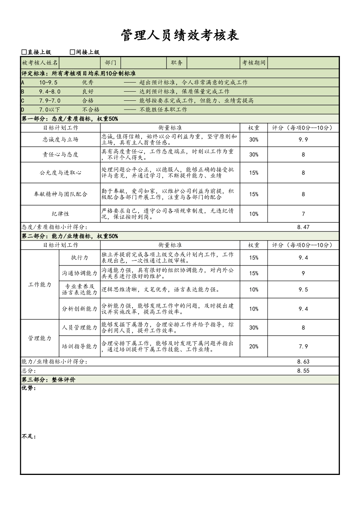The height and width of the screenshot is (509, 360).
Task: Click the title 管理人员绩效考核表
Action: [x=180, y=36]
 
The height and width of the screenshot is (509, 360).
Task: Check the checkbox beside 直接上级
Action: [x=24, y=52]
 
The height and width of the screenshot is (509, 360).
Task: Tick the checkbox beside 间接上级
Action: [x=73, y=52]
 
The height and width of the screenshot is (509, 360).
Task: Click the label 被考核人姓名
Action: [x=40, y=63]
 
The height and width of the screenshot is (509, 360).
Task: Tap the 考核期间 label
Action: [x=254, y=63]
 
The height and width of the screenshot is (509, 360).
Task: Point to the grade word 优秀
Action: [x=88, y=83]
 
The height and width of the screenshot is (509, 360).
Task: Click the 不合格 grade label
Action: [x=91, y=110]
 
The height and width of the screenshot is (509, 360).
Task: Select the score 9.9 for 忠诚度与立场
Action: [x=303, y=140]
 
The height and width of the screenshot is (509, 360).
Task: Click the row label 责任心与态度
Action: [x=61, y=155]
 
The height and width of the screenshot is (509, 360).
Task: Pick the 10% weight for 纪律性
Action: [x=254, y=214]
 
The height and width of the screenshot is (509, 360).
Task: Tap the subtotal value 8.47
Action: [x=303, y=227]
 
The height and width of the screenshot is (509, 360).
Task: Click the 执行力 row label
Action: [x=80, y=258]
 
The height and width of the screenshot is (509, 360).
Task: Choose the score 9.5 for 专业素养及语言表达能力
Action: [x=303, y=290]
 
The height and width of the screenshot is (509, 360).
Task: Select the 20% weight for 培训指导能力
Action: [x=254, y=347]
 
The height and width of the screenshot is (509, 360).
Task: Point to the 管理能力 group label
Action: [x=40, y=338]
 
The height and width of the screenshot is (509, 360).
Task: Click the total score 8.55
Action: [x=303, y=371]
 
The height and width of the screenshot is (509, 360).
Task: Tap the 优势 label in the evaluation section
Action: [x=29, y=388]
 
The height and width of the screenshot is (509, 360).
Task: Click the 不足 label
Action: [x=29, y=437]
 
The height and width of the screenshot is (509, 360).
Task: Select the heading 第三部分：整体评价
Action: [x=49, y=380]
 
